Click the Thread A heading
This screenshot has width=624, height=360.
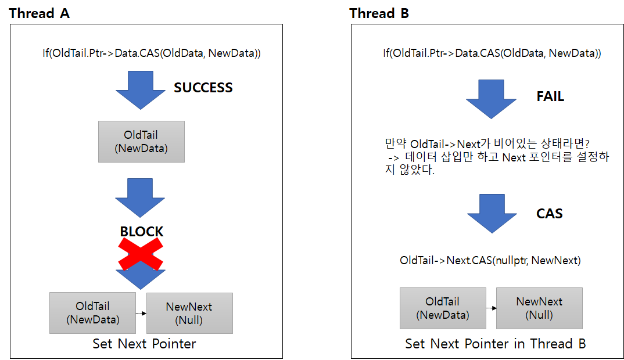(40, 13)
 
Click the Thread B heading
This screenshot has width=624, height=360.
(379, 13)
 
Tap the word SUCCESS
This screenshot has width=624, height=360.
(203, 88)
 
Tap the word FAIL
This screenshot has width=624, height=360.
(550, 96)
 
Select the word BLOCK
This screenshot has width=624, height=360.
(141, 231)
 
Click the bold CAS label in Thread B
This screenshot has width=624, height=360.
(549, 214)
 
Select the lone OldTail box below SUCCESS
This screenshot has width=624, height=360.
(141, 142)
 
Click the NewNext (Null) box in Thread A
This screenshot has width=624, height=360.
(189, 313)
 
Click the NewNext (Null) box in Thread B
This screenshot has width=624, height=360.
(539, 308)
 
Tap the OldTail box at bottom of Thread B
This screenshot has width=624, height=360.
(443, 308)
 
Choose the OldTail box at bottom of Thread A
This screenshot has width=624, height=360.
(92, 313)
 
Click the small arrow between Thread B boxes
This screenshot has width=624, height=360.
(491, 308)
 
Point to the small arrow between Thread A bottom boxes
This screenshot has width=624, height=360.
(141, 313)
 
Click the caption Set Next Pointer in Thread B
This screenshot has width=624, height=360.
(495, 344)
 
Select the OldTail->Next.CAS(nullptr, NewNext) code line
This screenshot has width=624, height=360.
(490, 261)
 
